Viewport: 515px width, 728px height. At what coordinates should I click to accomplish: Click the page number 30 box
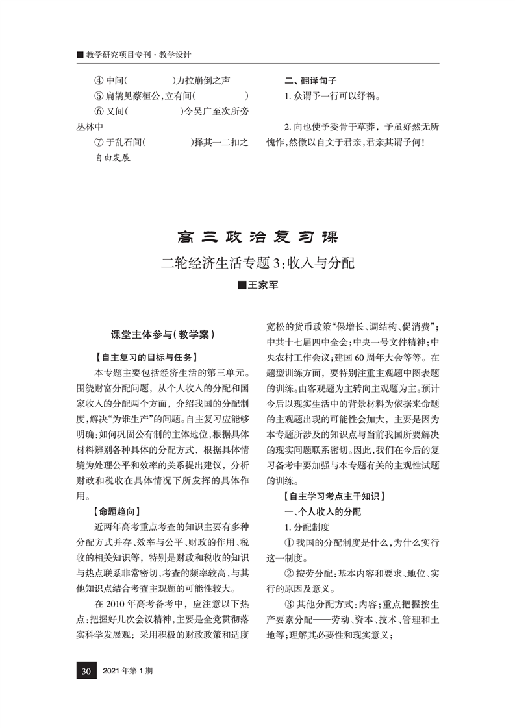pos(85,670)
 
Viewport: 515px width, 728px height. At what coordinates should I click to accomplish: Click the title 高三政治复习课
pos(258,236)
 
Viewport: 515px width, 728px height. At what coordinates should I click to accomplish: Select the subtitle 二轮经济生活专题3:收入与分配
pos(258,263)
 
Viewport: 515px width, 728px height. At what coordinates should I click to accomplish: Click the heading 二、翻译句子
pos(310,80)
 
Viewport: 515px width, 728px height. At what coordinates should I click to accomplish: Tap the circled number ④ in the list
pos(99,81)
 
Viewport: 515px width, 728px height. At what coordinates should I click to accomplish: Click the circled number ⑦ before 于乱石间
pos(99,141)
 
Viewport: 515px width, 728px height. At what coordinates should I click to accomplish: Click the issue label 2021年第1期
pos(129,670)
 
